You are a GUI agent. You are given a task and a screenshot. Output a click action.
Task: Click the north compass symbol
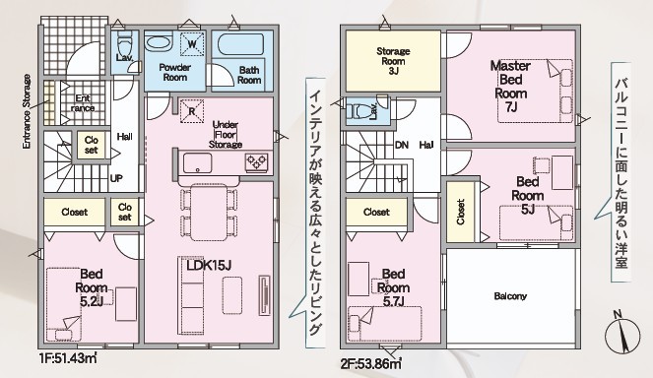tap(622, 332)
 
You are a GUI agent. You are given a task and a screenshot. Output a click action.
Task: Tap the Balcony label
tap(510, 296)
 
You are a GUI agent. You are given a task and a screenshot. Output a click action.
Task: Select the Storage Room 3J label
tap(393, 61)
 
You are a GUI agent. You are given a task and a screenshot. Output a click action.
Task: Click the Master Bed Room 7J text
tap(510, 87)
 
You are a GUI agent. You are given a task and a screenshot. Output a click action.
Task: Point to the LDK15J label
tap(209, 265)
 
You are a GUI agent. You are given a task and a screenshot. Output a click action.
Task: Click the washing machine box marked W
tap(192, 43)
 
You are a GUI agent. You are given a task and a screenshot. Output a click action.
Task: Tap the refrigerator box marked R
tap(192, 110)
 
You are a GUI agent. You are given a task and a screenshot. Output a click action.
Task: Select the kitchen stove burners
tap(256, 161)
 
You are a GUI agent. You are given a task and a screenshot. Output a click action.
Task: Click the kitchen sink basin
tap(197, 162)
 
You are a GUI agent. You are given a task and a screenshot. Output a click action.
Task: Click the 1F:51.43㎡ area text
tap(67, 358)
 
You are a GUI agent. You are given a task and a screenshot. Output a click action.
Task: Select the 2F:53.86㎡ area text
tap(371, 364)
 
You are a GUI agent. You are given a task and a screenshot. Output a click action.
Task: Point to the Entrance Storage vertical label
tap(27, 111)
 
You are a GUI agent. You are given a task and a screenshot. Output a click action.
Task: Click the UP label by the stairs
tap(116, 178)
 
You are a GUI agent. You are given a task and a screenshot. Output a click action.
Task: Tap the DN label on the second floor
tap(402, 145)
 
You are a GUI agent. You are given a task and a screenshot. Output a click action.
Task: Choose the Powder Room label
tap(175, 72)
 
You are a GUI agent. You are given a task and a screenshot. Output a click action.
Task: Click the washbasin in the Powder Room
tap(159, 42)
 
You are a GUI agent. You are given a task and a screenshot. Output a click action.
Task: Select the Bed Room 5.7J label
tap(393, 287)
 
